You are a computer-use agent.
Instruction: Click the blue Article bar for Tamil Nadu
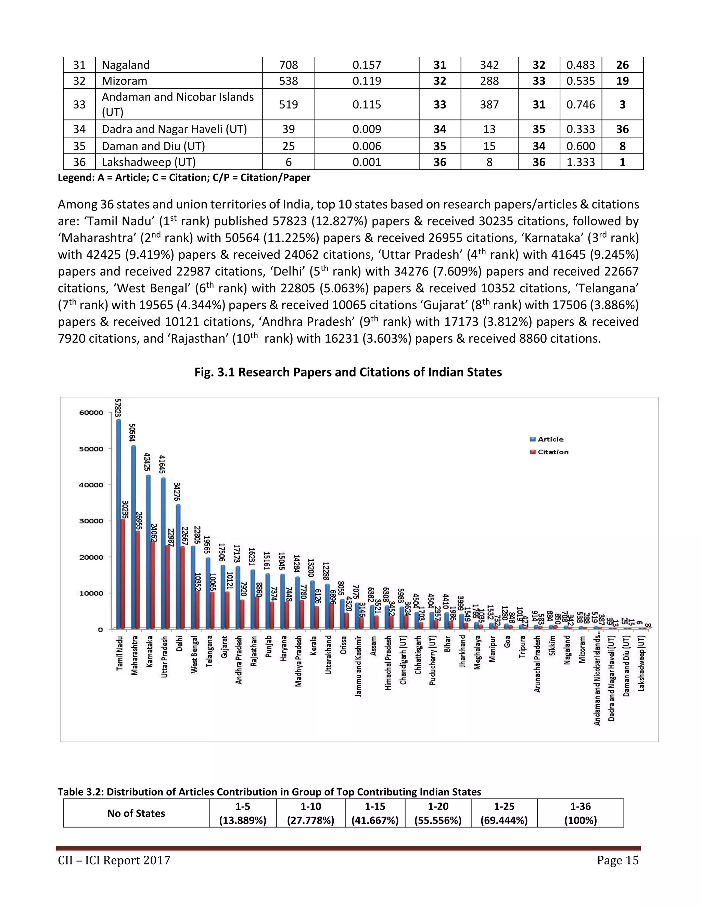click(x=118, y=523)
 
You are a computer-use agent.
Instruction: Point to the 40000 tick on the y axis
click(x=91, y=485)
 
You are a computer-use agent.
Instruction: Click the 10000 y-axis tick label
click(x=91, y=593)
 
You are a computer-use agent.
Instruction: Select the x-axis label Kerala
click(x=314, y=646)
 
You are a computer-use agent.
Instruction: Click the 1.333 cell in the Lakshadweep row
click(x=581, y=162)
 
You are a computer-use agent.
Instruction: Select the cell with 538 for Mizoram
click(x=288, y=80)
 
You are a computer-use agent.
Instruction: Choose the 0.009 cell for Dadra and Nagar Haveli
click(x=366, y=129)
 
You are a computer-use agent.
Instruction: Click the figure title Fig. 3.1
click(x=348, y=372)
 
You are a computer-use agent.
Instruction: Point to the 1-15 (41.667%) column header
click(x=374, y=813)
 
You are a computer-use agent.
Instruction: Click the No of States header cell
click(x=136, y=813)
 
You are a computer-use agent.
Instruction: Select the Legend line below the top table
click(x=184, y=178)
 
